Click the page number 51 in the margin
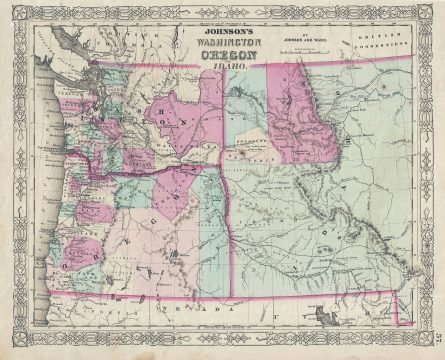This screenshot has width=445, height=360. coord(437,336)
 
